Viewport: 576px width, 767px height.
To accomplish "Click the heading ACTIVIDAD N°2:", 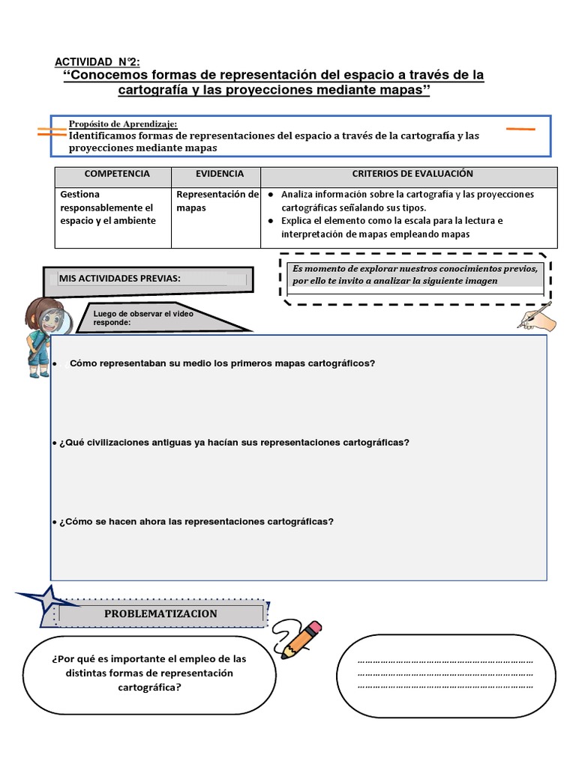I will pos(97,62).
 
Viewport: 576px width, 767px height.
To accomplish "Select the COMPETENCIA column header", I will pos(117,174).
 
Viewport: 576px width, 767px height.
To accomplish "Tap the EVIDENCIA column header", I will pos(220,174).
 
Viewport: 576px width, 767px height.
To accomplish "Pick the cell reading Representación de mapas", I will pos(217,201).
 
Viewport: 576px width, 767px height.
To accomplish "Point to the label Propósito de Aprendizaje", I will pos(123,124).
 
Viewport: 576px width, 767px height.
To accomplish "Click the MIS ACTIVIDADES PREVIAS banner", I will pos(120,279).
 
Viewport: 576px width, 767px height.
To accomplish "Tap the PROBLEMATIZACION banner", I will pos(160,613).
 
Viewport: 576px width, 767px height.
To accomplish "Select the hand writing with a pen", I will pos(537,315).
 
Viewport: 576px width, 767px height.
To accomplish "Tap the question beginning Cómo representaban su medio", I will pos(221,363).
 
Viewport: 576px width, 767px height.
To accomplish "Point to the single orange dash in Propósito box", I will pos(520,129).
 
